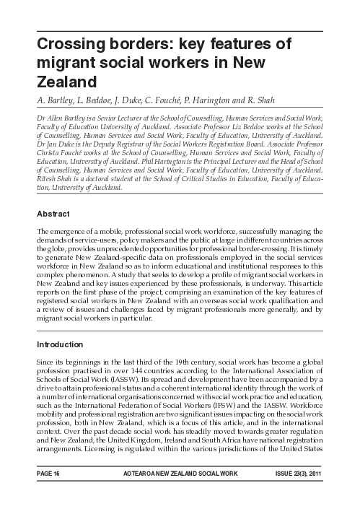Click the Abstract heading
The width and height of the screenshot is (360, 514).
pyautogui.click(x=53, y=214)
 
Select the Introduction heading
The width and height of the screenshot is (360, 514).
pyautogui.click(x=61, y=344)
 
